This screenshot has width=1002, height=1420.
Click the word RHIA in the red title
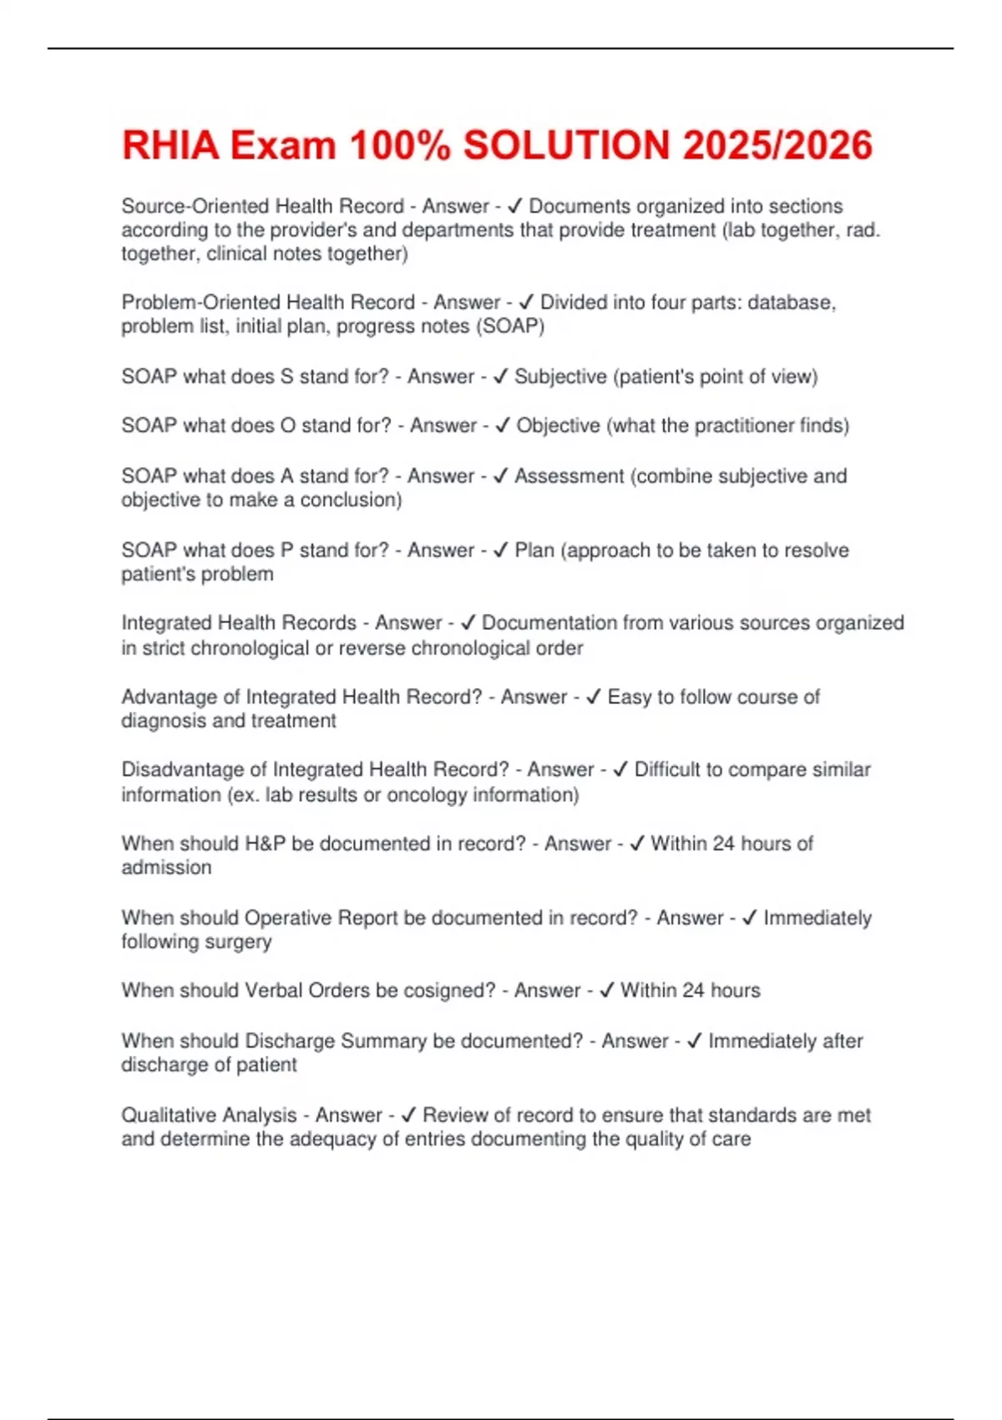[170, 145]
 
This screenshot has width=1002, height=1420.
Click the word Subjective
[560, 377]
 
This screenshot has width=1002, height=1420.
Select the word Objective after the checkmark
[558, 425]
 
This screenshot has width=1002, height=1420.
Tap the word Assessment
[569, 475]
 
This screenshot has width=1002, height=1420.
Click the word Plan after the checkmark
[534, 550]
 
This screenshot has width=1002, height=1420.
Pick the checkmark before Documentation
[468, 622]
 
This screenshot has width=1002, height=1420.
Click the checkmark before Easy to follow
[594, 697]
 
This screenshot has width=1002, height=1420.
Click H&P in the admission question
[265, 844]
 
